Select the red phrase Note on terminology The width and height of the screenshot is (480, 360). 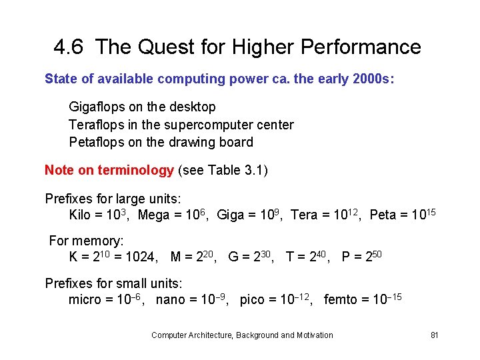pyautogui.click(x=109, y=170)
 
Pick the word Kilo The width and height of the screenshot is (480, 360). pyautogui.click(x=81, y=215)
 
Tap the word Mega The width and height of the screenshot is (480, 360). pyautogui.click(x=153, y=215)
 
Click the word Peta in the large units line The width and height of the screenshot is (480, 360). pyautogui.click(x=383, y=215)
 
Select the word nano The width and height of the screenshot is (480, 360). pyautogui.click(x=171, y=300)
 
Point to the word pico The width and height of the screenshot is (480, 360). pyautogui.click(x=252, y=300)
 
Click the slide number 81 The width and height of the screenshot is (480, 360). pyautogui.click(x=434, y=335)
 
